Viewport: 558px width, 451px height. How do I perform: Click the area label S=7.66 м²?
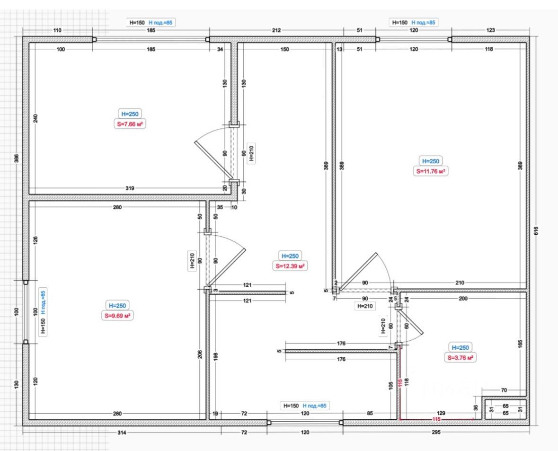click(x=130, y=124)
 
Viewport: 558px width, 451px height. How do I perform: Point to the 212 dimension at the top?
click(x=276, y=30)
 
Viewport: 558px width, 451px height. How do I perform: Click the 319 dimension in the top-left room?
click(x=130, y=188)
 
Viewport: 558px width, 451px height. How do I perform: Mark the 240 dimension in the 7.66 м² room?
click(x=36, y=118)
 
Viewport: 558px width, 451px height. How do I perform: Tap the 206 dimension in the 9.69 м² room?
click(x=200, y=355)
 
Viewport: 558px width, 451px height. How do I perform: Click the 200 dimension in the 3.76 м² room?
click(x=463, y=298)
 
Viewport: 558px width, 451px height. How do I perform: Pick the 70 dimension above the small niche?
click(x=503, y=390)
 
